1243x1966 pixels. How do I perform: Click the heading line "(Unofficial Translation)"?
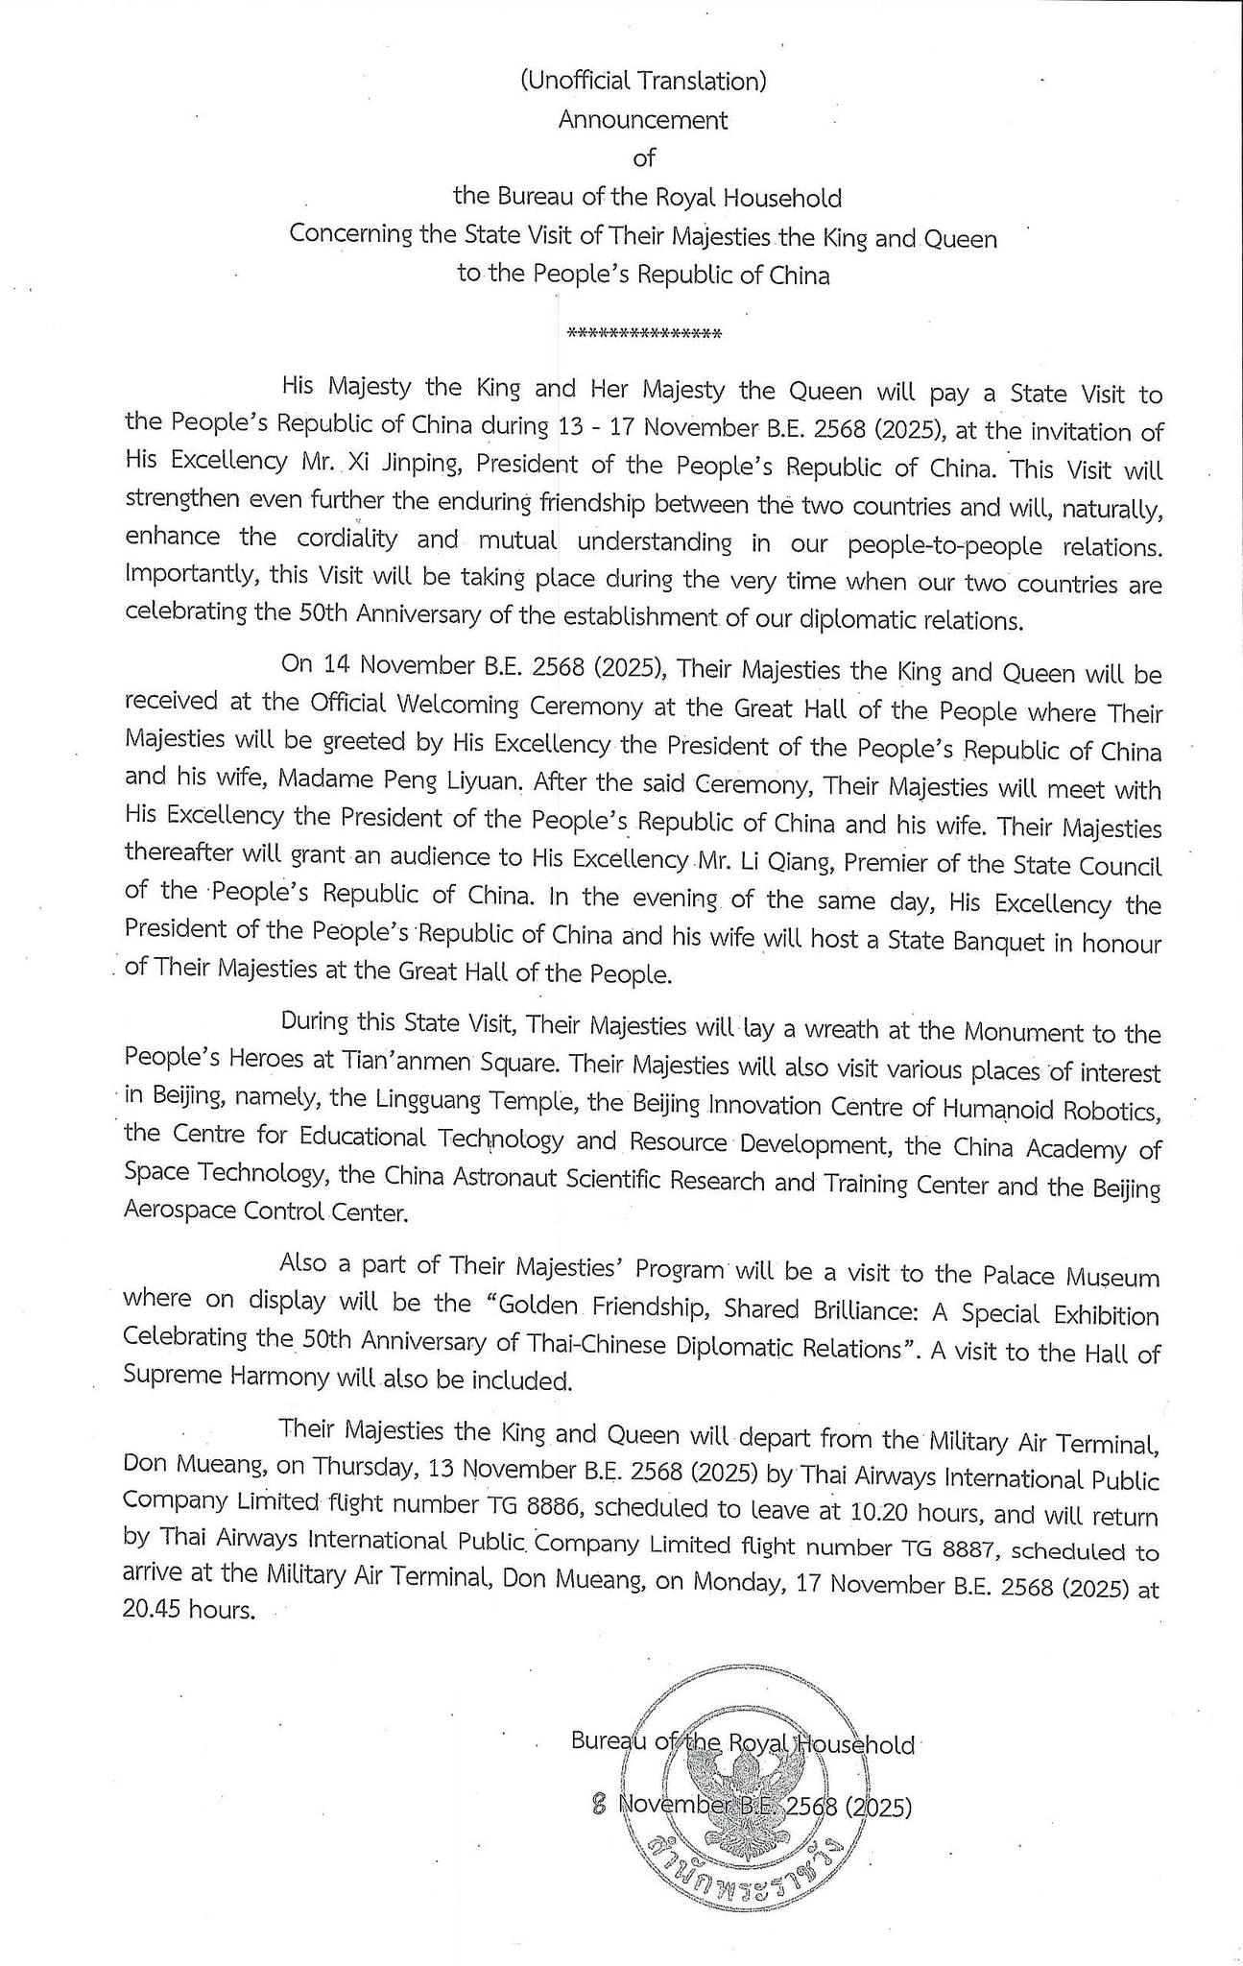(642, 82)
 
